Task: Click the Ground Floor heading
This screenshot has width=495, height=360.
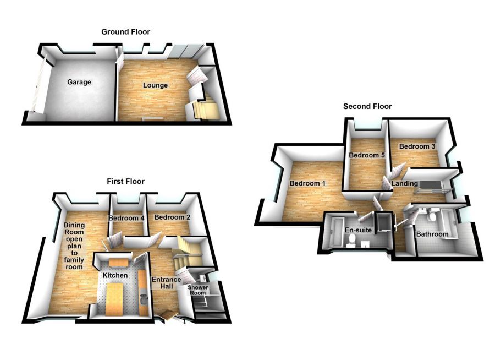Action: click(125, 32)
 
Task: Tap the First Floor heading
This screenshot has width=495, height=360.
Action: click(125, 181)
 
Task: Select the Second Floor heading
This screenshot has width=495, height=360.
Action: click(367, 106)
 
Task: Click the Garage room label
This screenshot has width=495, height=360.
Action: click(79, 82)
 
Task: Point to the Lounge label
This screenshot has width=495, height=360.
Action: click(155, 85)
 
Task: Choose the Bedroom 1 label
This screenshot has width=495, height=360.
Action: click(308, 183)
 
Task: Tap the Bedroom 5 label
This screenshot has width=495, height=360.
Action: click(367, 155)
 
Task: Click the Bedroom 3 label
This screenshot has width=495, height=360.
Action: click(417, 146)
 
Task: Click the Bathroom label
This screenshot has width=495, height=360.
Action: click(432, 234)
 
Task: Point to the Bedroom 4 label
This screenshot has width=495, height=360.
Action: click(127, 218)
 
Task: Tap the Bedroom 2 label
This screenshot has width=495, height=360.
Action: click(172, 217)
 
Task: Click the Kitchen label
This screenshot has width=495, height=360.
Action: click(114, 275)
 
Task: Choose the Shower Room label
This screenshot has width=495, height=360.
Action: click(198, 290)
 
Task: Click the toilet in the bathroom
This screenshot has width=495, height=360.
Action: click(432, 218)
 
